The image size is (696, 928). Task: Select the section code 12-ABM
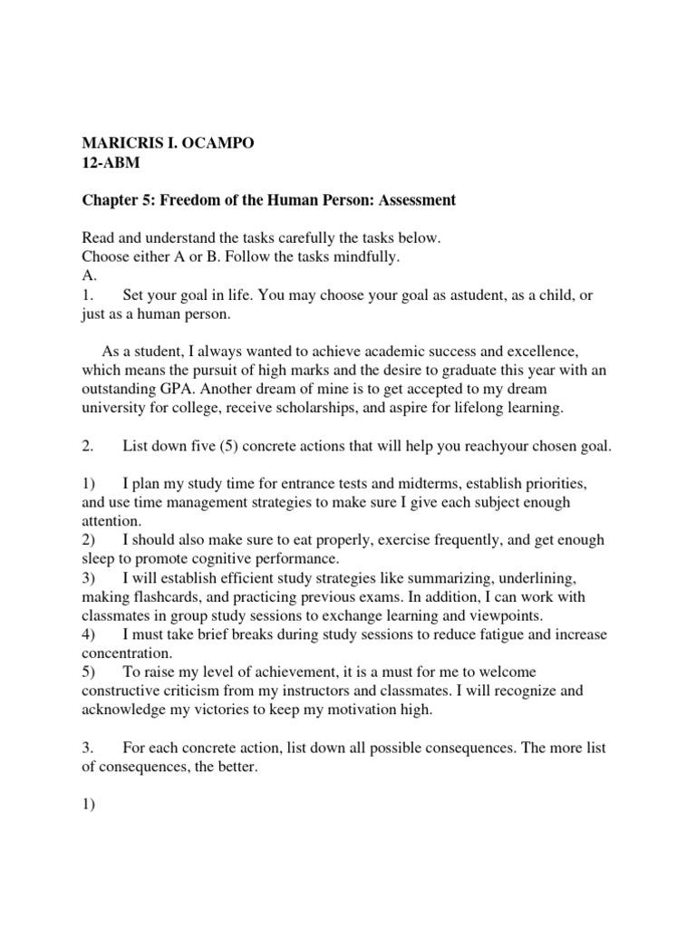pyautogui.click(x=112, y=163)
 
